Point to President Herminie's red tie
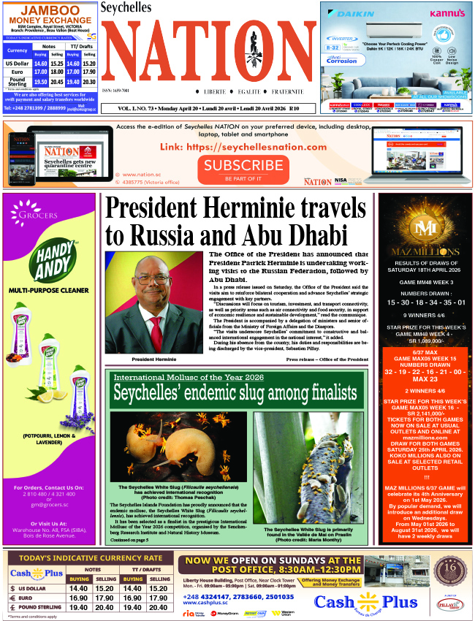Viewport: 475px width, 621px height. pyautogui.click(x=155, y=333)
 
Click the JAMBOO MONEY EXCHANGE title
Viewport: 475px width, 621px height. pyautogui.click(x=49, y=15)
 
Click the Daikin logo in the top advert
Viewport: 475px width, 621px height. pyautogui.click(x=347, y=12)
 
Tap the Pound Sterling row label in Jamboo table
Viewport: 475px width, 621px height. pyautogui.click(x=16, y=82)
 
